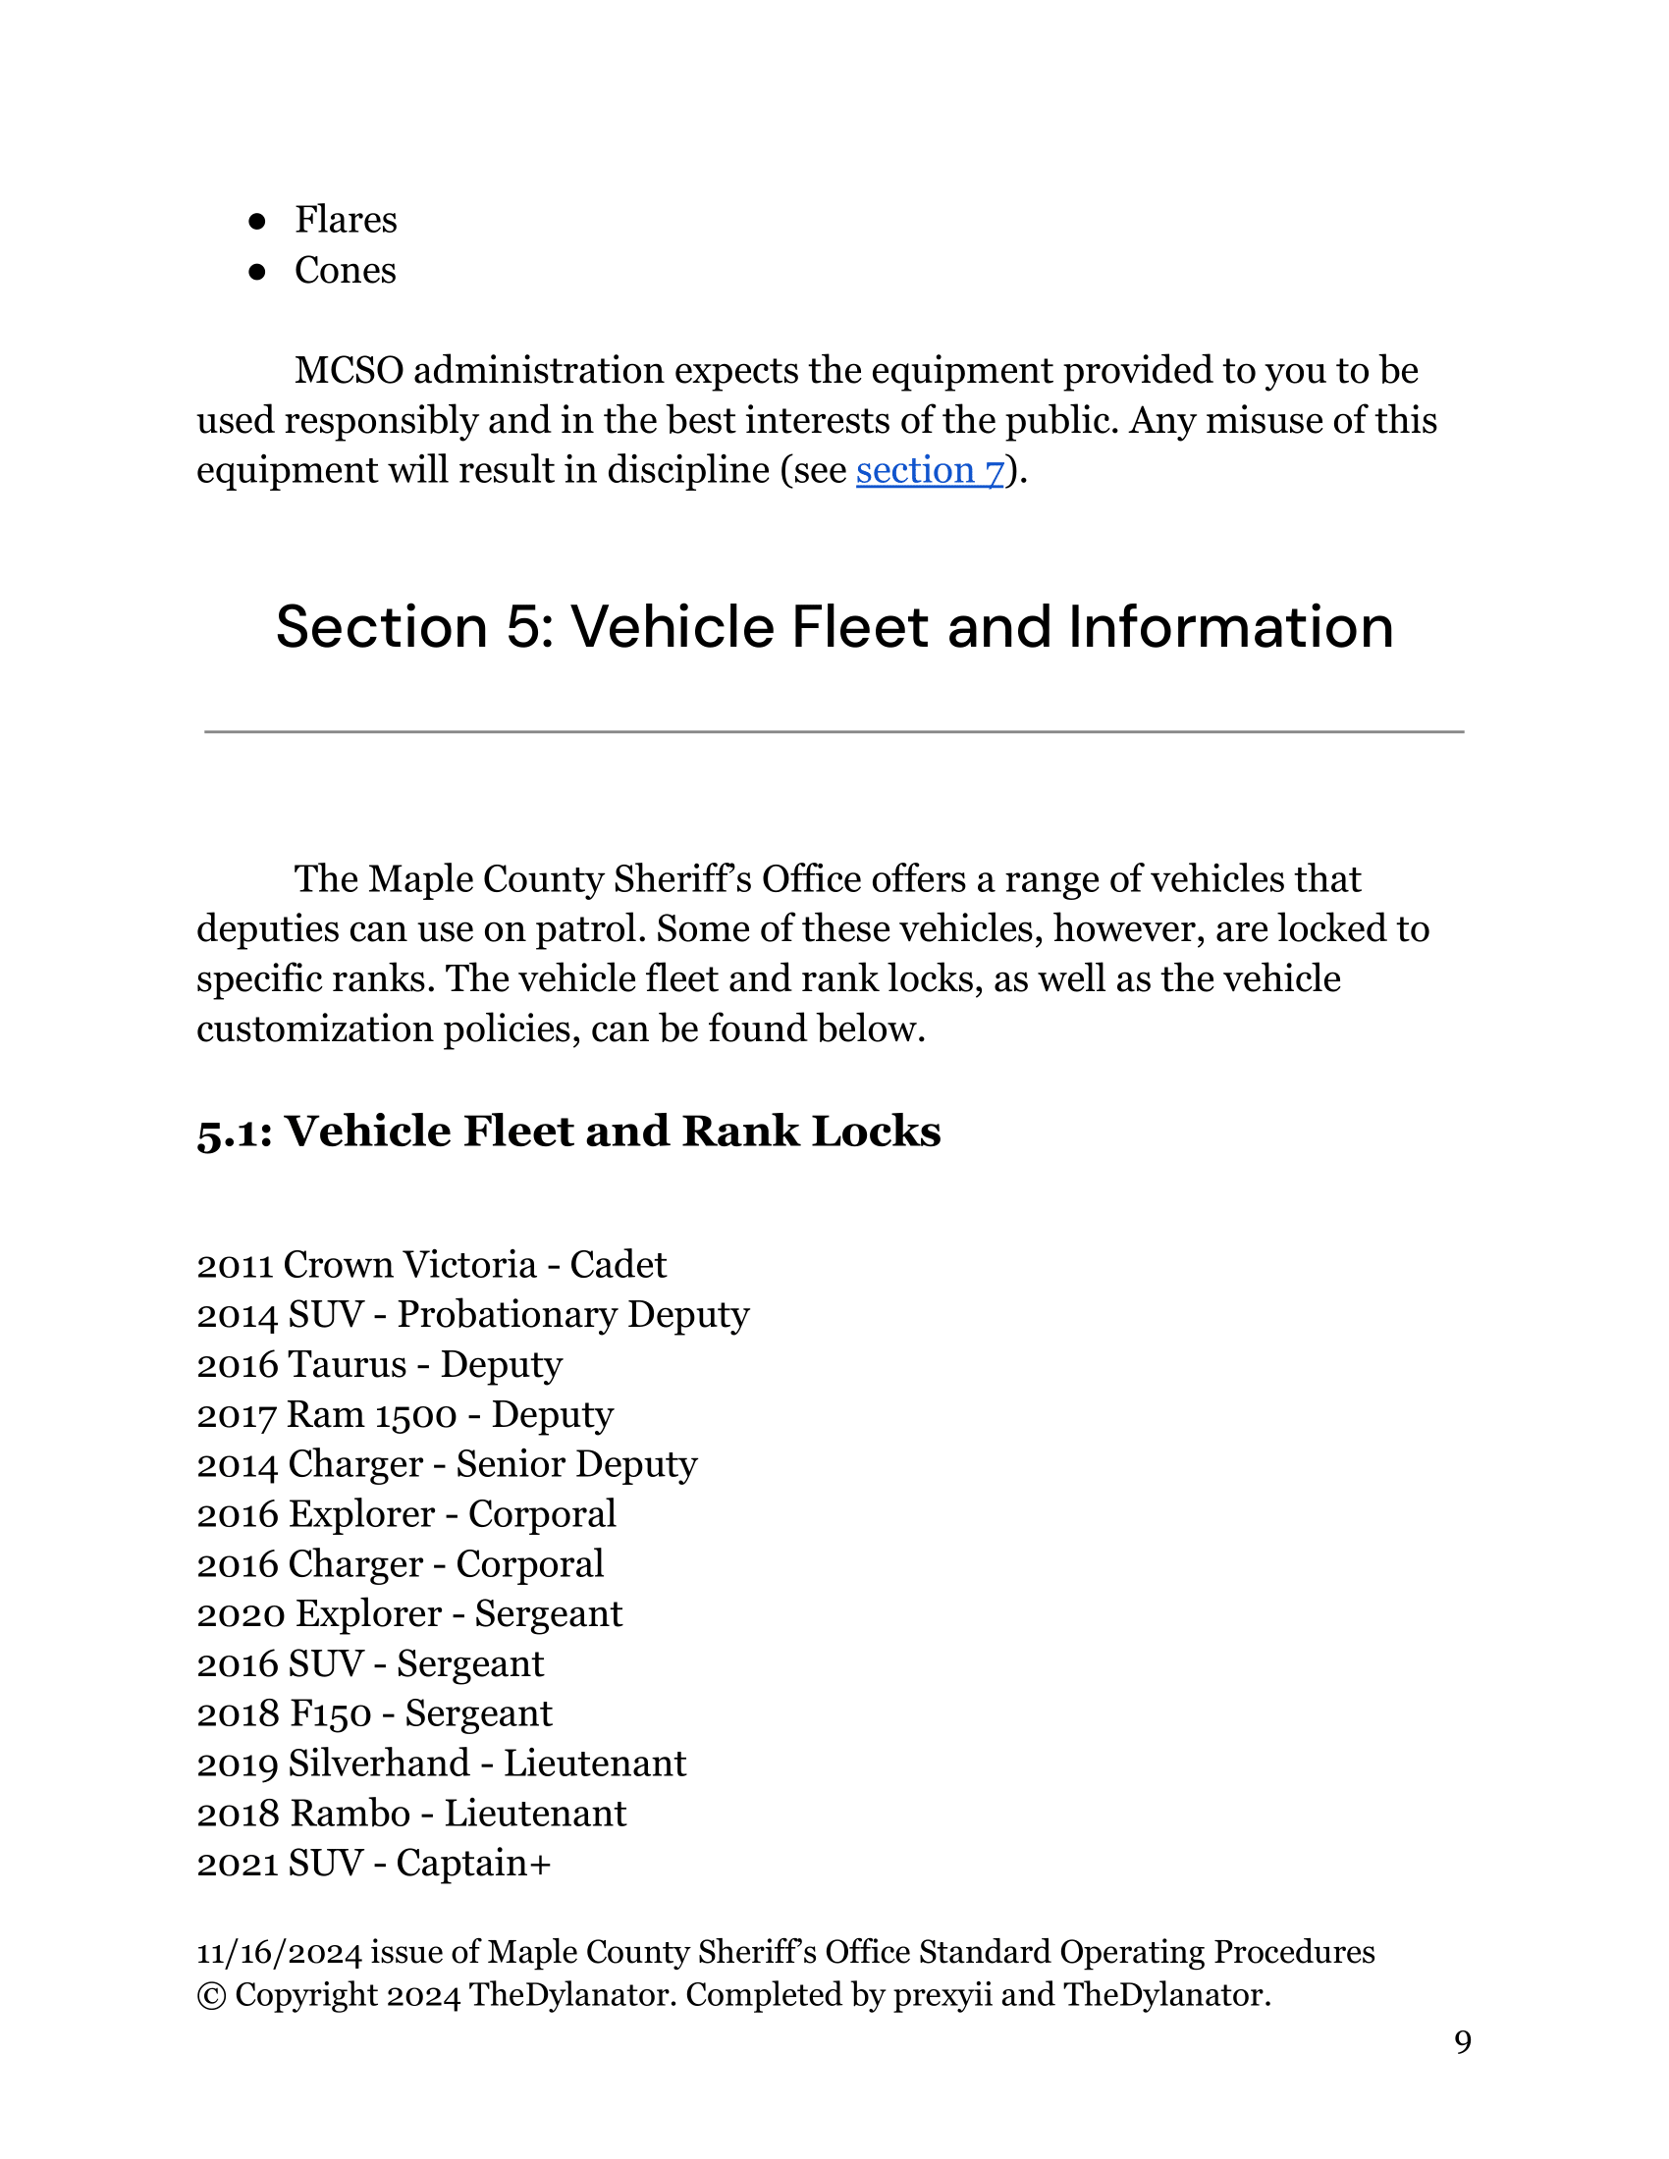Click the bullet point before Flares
257,222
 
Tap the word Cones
345,271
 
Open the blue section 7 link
930,470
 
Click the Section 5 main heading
834,627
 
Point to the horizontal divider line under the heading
834,732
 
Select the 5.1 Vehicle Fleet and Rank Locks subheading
568,1132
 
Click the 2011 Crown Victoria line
431,1265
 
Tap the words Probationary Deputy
573,1316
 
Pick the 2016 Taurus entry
379,1365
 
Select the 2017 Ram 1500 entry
404,1415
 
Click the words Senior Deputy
576,1465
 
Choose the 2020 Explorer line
409,1614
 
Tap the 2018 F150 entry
374,1714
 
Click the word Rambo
351,1814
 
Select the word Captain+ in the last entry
472,1864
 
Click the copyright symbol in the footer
211,1996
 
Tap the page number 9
1463,2042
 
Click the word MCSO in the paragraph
350,371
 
